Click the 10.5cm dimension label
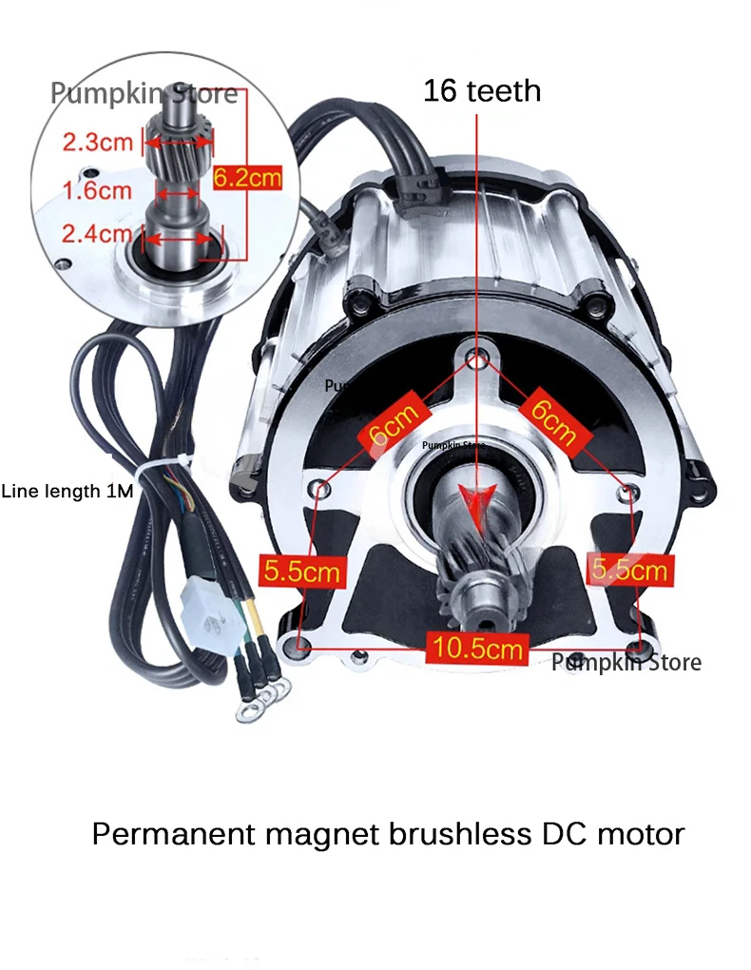tap(480, 649)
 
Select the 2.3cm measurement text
tap(97, 144)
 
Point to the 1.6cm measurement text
tap(97, 190)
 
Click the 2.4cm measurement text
tap(97, 233)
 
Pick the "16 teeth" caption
tap(482, 91)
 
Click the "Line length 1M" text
tap(67, 492)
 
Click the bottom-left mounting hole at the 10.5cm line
tap(303, 647)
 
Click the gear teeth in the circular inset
tap(178, 143)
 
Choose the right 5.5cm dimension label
tap(629, 571)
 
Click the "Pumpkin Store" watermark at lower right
tap(626, 663)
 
